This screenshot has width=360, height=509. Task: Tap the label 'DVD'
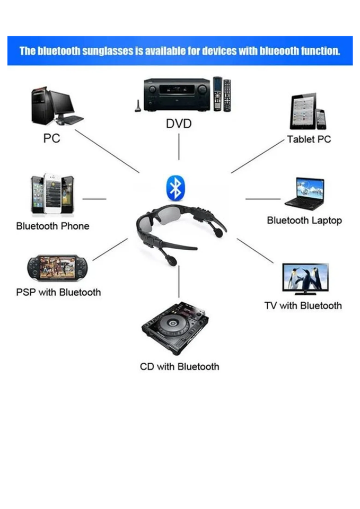tap(179, 124)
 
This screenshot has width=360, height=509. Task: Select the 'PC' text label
tap(51, 139)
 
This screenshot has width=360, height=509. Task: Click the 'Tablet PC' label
tap(309, 139)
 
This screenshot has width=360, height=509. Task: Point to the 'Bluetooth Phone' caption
tap(52, 226)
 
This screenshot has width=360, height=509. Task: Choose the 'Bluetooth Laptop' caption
tap(304, 220)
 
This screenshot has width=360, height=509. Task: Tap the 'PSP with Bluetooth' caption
tap(58, 292)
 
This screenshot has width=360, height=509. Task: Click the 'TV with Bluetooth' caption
tap(303, 305)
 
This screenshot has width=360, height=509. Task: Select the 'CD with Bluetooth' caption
tap(179, 366)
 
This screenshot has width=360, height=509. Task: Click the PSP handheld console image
tap(57, 269)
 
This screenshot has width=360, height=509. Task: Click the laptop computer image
tap(305, 194)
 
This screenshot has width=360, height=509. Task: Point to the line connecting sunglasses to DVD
tap(179, 146)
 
